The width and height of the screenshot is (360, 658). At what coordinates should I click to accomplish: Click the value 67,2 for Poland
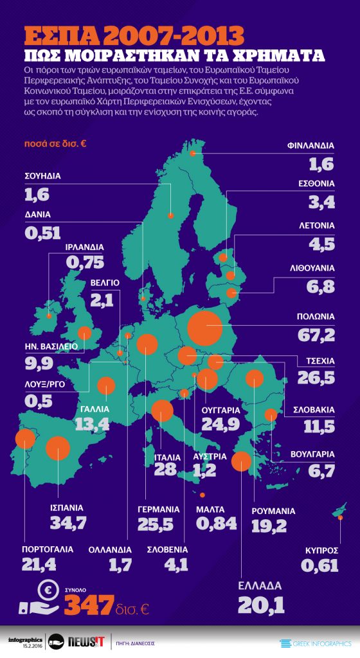(x=316, y=335)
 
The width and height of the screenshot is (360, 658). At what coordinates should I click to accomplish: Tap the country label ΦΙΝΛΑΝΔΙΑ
(x=310, y=146)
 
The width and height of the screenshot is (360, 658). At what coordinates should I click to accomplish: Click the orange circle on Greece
(x=241, y=461)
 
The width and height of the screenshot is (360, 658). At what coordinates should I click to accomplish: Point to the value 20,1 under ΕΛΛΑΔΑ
(x=260, y=604)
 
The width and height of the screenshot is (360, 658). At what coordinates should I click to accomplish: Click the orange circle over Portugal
(x=25, y=438)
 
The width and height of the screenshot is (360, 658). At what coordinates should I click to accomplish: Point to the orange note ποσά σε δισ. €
(x=55, y=143)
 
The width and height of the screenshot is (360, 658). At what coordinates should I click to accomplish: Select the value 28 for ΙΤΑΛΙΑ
(x=165, y=469)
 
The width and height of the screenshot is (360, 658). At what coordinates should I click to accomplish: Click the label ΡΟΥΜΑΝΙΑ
(x=273, y=511)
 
